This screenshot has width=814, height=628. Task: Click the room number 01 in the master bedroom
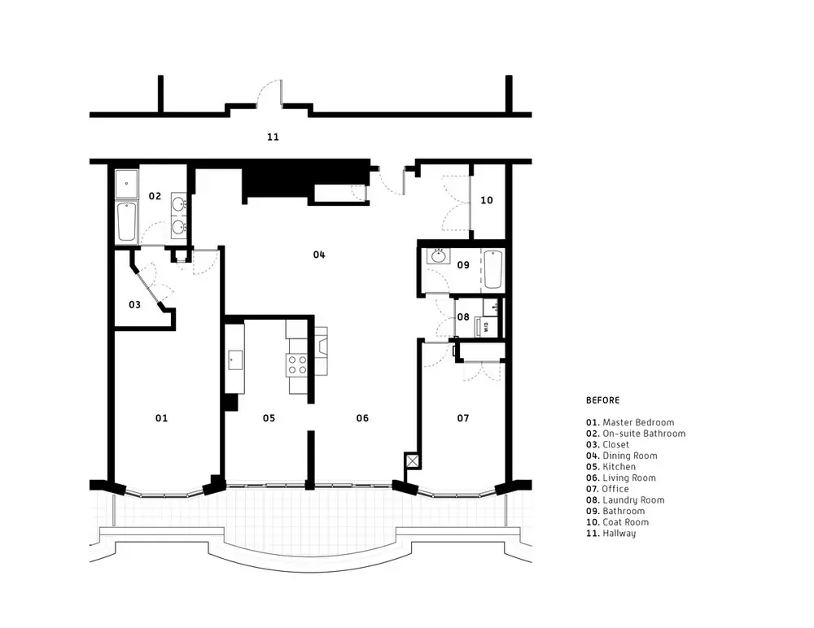(x=161, y=418)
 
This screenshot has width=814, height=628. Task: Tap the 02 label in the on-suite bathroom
(x=155, y=196)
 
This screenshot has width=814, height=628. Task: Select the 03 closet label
(x=134, y=305)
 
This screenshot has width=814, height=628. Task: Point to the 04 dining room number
(x=319, y=255)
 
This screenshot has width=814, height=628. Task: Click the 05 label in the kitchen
(x=269, y=418)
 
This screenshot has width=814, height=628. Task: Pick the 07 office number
(x=463, y=418)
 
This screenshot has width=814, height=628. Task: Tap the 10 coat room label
(x=487, y=200)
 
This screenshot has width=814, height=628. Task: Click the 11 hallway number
(x=273, y=137)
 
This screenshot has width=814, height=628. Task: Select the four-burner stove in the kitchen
(x=297, y=364)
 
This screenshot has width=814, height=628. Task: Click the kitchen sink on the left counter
(x=235, y=360)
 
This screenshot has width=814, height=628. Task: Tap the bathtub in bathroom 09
(x=492, y=269)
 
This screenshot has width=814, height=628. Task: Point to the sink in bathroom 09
(x=439, y=256)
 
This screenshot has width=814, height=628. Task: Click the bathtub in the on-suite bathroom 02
(x=126, y=221)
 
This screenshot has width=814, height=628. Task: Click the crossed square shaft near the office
(x=412, y=461)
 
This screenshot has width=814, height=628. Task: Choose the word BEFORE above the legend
(x=602, y=400)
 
